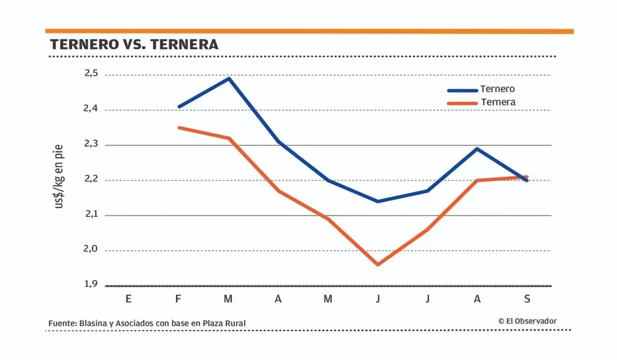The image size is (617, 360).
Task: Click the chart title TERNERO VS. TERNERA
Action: [x=134, y=45]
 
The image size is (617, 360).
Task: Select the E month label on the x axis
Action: [x=128, y=298]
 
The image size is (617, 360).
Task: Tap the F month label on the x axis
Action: [x=178, y=298]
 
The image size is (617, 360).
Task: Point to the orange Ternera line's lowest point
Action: [x=378, y=265]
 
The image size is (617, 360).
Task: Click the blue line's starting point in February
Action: [x=178, y=107]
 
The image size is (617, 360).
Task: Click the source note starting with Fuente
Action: [x=147, y=324]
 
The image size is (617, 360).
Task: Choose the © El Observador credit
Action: [x=527, y=321]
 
